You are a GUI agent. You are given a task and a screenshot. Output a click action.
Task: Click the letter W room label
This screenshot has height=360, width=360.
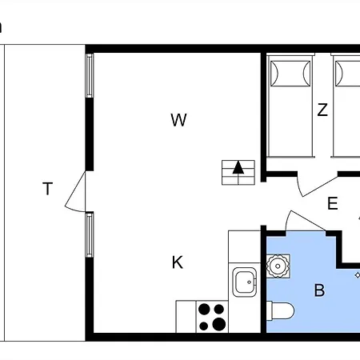(x=178, y=120)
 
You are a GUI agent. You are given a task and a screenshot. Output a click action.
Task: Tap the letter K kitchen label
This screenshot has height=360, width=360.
(x=178, y=262)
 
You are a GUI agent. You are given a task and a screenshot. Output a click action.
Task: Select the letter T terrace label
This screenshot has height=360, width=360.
(x=48, y=189)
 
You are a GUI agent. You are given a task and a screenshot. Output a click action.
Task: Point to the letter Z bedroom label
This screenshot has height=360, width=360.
(x=322, y=110)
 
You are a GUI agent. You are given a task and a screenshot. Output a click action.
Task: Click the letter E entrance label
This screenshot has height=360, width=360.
(x=333, y=203)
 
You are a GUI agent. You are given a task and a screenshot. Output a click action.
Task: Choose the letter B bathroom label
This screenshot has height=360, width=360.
(x=320, y=290)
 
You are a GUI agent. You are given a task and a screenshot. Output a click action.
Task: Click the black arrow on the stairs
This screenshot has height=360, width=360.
(x=238, y=168)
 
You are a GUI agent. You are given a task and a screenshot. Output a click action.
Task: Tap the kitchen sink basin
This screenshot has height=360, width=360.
(x=245, y=282)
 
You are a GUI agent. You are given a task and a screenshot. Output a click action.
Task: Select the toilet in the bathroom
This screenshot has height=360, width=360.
(x=281, y=310)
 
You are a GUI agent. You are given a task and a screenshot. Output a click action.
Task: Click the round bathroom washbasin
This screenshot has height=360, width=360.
(x=278, y=266)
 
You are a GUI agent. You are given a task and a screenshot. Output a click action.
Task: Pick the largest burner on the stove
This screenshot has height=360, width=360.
(x=219, y=324)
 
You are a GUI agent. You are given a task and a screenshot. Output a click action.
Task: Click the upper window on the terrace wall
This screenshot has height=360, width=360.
(x=90, y=76)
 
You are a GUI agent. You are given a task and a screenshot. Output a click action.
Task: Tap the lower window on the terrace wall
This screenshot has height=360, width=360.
(x=90, y=234)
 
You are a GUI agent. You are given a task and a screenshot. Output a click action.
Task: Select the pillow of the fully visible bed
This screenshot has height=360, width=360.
(x=290, y=74)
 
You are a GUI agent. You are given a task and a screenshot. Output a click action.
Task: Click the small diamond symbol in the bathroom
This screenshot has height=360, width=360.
(x=358, y=275)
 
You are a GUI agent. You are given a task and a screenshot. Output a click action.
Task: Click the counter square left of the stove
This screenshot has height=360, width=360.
(x=186, y=317)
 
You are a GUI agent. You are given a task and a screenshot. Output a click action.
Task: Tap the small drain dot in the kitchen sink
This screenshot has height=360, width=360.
(x=250, y=282)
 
